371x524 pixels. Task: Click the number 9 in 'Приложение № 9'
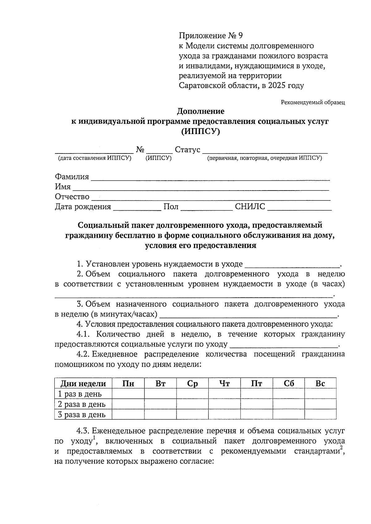click(240, 36)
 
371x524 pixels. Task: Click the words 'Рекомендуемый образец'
click(313, 102)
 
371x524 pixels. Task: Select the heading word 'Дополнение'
click(200, 111)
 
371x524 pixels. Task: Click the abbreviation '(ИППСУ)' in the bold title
click(200, 132)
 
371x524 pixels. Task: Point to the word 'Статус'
click(187, 150)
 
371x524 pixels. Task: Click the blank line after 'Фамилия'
click(210, 177)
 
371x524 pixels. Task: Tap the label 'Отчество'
click(72, 197)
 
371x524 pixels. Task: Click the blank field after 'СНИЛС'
click(299, 207)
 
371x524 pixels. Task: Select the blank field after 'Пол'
click(206, 207)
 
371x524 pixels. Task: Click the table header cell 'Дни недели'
click(83, 384)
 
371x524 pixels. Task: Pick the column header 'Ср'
click(192, 384)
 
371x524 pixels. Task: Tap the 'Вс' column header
click(320, 384)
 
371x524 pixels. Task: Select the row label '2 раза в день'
click(82, 404)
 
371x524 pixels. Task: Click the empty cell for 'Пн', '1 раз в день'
click(128, 394)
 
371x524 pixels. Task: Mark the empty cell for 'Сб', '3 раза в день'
click(288, 414)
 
